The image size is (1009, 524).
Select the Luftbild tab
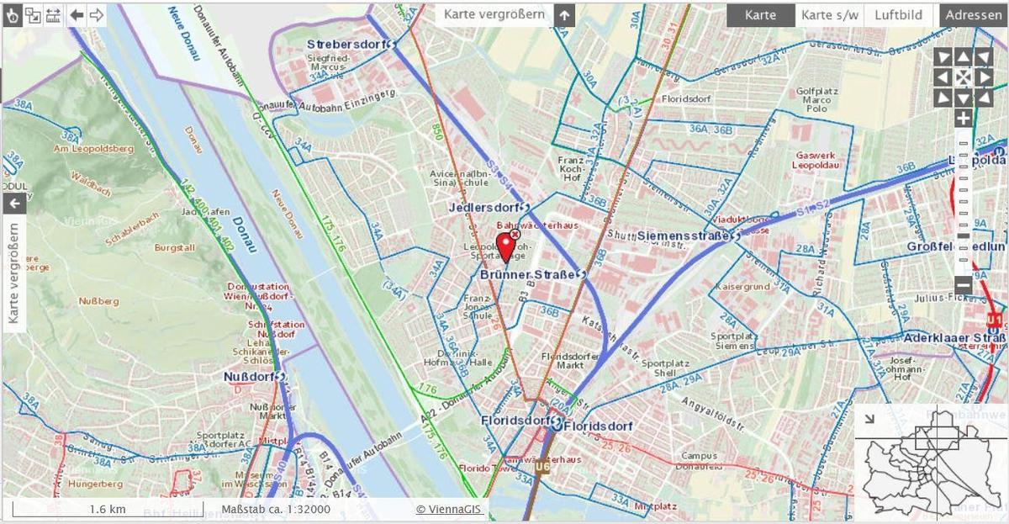[898, 15]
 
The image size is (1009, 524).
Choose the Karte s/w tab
[829, 15]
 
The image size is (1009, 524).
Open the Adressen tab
[974, 15]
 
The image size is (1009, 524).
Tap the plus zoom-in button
[963, 118]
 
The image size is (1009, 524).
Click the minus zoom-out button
[963, 285]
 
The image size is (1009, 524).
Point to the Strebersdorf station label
[345, 44]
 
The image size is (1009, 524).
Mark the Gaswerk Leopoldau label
[816, 160]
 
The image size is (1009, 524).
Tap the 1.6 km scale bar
[108, 509]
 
